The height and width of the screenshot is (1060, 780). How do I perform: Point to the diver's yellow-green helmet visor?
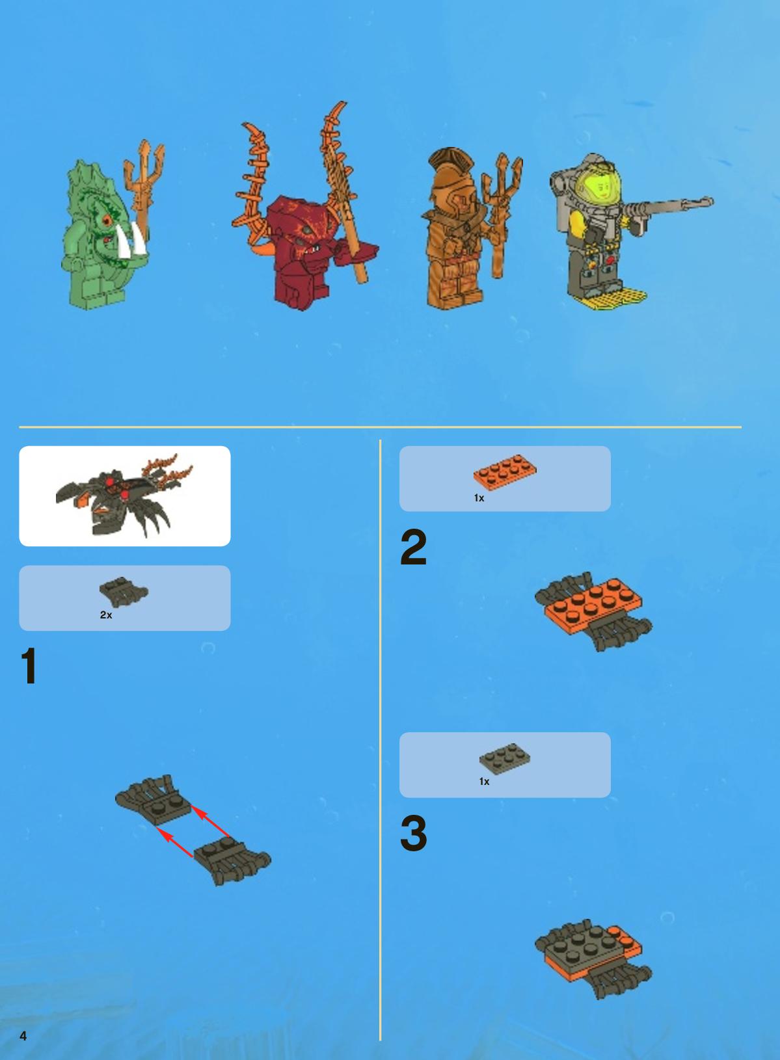point(601,185)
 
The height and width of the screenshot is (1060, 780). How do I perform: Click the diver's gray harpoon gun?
point(667,208)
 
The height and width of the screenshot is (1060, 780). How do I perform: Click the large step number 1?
point(29,665)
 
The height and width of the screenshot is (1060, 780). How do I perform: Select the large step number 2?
point(413,547)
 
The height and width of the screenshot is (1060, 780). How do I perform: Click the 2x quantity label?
point(106,615)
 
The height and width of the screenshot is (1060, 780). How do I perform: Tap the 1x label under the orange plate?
point(479,498)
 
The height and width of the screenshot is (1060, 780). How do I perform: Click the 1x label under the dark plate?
point(484,781)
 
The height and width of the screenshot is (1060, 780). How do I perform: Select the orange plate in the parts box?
point(505,470)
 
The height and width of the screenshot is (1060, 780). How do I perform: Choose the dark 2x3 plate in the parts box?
point(505,757)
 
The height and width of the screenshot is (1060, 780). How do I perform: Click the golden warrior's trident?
point(501,213)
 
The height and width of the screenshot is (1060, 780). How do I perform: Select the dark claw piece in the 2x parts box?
point(124,592)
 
